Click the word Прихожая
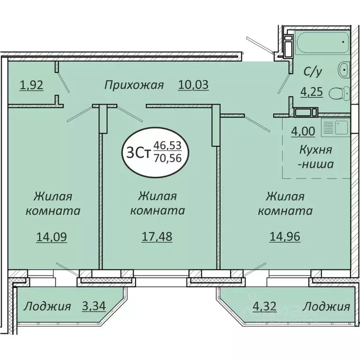[x=134, y=85]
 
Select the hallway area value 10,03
[x=193, y=85]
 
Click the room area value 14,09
[x=52, y=237]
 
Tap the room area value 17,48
[x=157, y=237]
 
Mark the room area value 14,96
[x=285, y=237]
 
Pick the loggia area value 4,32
[x=264, y=307]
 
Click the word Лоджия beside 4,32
[x=326, y=307]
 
